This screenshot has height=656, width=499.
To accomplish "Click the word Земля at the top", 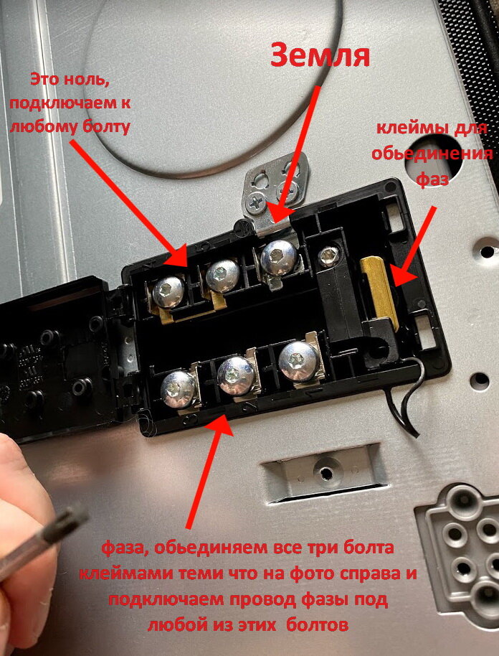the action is (x=320, y=56).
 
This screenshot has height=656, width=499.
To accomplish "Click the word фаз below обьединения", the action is (x=432, y=179).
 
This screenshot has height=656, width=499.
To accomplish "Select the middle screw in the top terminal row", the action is (x=222, y=276).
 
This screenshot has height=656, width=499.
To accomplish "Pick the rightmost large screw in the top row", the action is (x=279, y=257).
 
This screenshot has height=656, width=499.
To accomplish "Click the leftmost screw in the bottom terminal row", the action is (x=179, y=389).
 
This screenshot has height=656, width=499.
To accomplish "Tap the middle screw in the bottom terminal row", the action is (x=236, y=375).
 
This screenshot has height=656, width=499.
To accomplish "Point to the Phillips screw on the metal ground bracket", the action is (x=256, y=202).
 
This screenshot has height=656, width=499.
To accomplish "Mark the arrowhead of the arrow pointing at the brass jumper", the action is (x=404, y=274).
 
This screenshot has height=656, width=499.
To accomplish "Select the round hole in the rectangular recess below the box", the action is (x=327, y=473).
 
